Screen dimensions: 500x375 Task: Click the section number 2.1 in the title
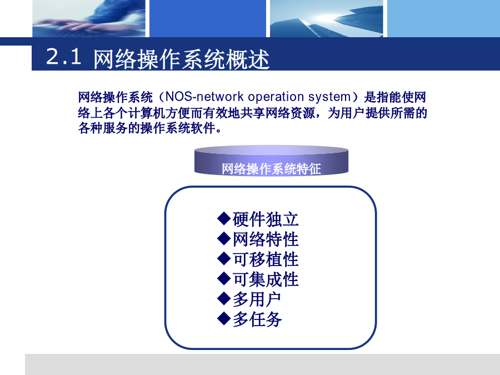(x=63, y=57)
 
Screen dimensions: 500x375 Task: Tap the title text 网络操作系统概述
(x=182, y=59)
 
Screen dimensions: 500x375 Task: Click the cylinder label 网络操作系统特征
(x=271, y=169)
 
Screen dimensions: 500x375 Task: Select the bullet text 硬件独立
(x=266, y=219)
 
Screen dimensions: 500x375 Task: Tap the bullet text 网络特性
(x=266, y=239)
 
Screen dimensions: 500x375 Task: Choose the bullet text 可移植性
(x=266, y=259)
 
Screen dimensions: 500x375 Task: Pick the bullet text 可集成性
(x=266, y=279)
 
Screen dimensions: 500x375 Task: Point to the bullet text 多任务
(x=257, y=319)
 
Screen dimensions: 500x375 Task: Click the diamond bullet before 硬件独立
(x=224, y=218)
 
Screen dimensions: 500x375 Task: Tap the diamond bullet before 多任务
(x=224, y=318)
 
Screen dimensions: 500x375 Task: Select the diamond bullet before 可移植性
(x=224, y=258)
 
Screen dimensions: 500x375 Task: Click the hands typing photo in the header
(x=89, y=18)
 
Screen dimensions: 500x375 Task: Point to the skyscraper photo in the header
(x=327, y=18)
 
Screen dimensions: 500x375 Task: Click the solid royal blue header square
(x=208, y=18)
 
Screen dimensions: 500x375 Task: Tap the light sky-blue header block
(x=443, y=18)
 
